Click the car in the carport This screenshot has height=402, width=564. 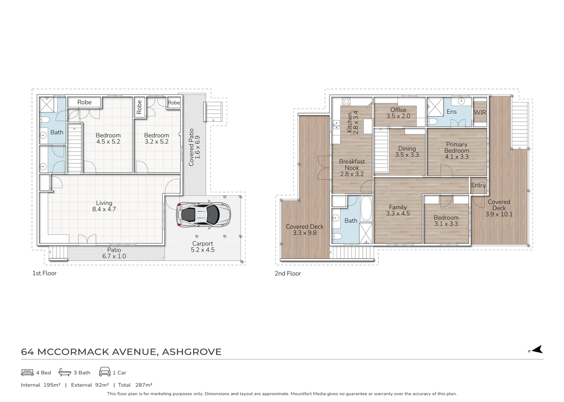tap(204, 215)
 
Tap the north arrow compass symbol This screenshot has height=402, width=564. tap(536, 350)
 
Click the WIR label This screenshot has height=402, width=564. tap(480, 112)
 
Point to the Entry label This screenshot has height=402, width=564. tap(478, 185)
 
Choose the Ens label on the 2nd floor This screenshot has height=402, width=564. tap(451, 112)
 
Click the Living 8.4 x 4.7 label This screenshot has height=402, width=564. tap(104, 206)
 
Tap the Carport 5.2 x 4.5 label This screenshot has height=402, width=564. tap(203, 246)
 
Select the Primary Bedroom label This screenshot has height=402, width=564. tap(457, 150)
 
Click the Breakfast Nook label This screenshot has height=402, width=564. tap(352, 168)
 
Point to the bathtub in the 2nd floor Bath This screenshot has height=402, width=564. tap(366, 208)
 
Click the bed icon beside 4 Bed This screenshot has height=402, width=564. tap(27, 372)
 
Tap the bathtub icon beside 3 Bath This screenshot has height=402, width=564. tap(65, 372)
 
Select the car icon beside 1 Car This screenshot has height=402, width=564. tap(105, 371)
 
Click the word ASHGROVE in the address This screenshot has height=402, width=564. tap(192, 352)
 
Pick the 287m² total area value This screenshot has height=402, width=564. tap(144, 385)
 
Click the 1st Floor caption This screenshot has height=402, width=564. tap(44, 273)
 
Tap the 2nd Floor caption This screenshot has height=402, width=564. tap(288, 274)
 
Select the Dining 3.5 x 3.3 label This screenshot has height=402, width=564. tap(407, 151)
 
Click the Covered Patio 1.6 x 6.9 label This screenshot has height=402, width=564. tap(194, 147)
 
